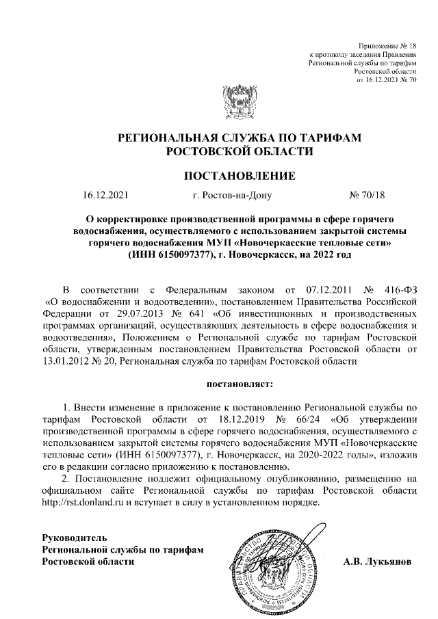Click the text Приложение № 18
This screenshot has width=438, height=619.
point(387,44)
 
